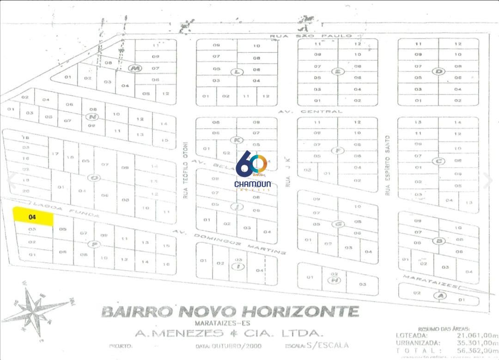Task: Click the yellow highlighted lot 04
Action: point(33,216)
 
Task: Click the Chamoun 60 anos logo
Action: point(252,171)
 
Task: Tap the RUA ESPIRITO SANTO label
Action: point(388,165)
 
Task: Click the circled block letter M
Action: point(134,68)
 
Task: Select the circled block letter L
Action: point(237,72)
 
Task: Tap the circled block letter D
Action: point(438,71)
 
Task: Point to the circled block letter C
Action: point(438,161)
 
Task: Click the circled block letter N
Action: point(91,116)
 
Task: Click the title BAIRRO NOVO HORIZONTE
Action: point(230,311)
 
